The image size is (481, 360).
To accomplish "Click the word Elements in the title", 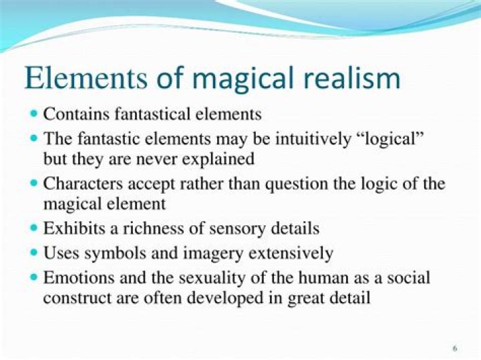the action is tap(86, 77).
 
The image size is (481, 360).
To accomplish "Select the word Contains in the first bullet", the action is tap(76, 114).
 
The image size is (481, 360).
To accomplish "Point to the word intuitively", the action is tap(313, 139).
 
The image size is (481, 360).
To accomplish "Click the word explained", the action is tap(218, 160).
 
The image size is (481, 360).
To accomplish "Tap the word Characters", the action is tap(83, 184).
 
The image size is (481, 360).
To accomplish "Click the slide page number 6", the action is tap(455, 348).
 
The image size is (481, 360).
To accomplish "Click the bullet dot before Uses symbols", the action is tap(34, 253).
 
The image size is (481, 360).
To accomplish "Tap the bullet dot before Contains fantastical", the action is tap(34, 114).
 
